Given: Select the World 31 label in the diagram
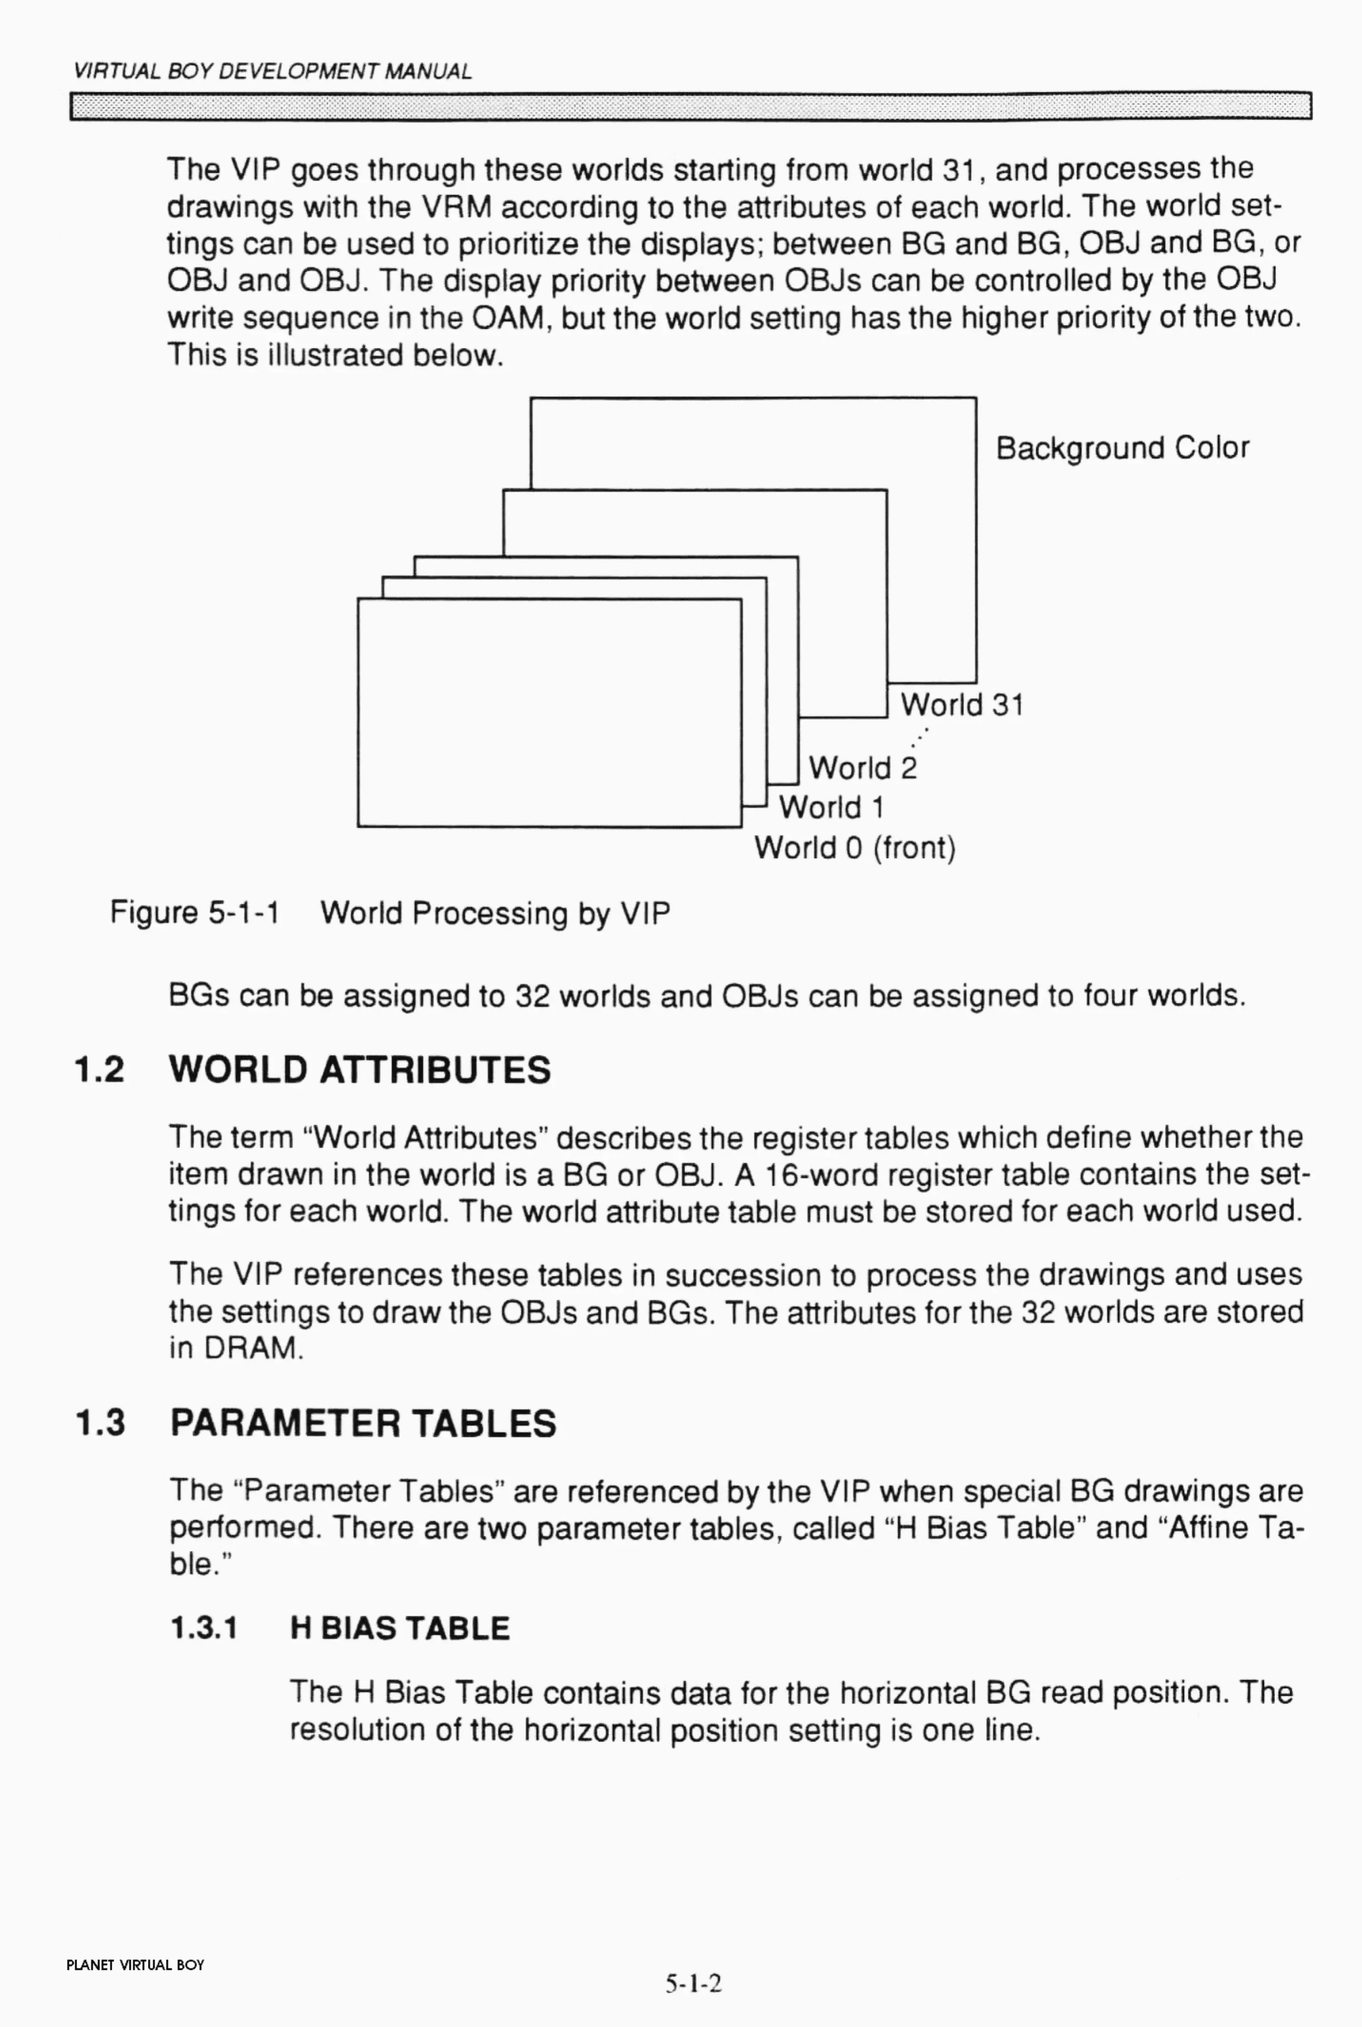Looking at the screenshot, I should pos(962,705).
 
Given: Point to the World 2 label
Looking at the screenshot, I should pos(862,768).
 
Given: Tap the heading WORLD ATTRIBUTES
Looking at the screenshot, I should pos(360,1070).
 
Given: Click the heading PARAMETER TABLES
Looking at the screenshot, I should pos(363,1423).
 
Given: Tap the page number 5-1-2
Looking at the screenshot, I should pos(693,1984).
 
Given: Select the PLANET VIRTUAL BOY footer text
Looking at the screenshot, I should pos(136,1965).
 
